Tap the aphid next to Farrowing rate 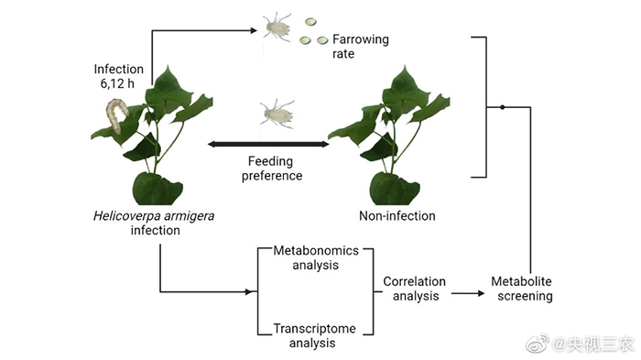pyautogui.click(x=277, y=27)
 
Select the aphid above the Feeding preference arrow pyautogui.click(x=277, y=114)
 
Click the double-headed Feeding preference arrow pyautogui.click(x=268, y=144)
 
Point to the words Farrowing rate pyautogui.click(x=360, y=46)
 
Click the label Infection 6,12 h pyautogui.click(x=118, y=76)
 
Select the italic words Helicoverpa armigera pyautogui.click(x=154, y=215)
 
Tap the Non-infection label pyautogui.click(x=397, y=215)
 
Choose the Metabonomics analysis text pyautogui.click(x=316, y=257)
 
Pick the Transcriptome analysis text pyautogui.click(x=314, y=335)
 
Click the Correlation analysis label pyautogui.click(x=415, y=289)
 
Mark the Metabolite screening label pyautogui.click(x=522, y=289)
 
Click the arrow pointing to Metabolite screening pyautogui.click(x=468, y=293)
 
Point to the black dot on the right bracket pyautogui.click(x=503, y=107)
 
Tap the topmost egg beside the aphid pyautogui.click(x=310, y=21)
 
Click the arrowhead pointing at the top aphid pyautogui.click(x=254, y=30)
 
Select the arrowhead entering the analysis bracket pyautogui.click(x=248, y=291)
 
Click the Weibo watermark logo pyautogui.click(x=537, y=344)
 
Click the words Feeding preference pyautogui.click(x=271, y=169)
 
